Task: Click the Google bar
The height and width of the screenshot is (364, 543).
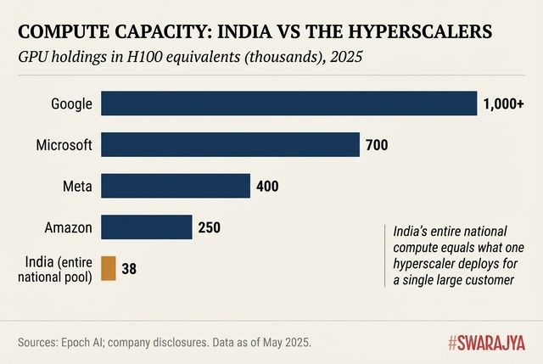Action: pos(288,104)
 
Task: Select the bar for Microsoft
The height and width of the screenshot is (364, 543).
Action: pos(230,145)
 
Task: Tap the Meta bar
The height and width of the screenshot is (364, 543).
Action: pos(176,186)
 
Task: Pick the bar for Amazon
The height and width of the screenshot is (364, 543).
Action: pos(147,227)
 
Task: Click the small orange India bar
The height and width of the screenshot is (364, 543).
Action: pos(108,268)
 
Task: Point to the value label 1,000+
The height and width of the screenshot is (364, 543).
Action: pos(503,104)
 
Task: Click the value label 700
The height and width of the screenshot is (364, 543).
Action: pos(377,145)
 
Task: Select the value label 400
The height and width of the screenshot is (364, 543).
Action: pos(267,186)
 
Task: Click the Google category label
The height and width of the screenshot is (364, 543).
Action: pos(71,104)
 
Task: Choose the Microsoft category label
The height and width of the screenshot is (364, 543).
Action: pos(64,145)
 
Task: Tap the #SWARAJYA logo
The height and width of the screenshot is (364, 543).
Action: pos(486,343)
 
